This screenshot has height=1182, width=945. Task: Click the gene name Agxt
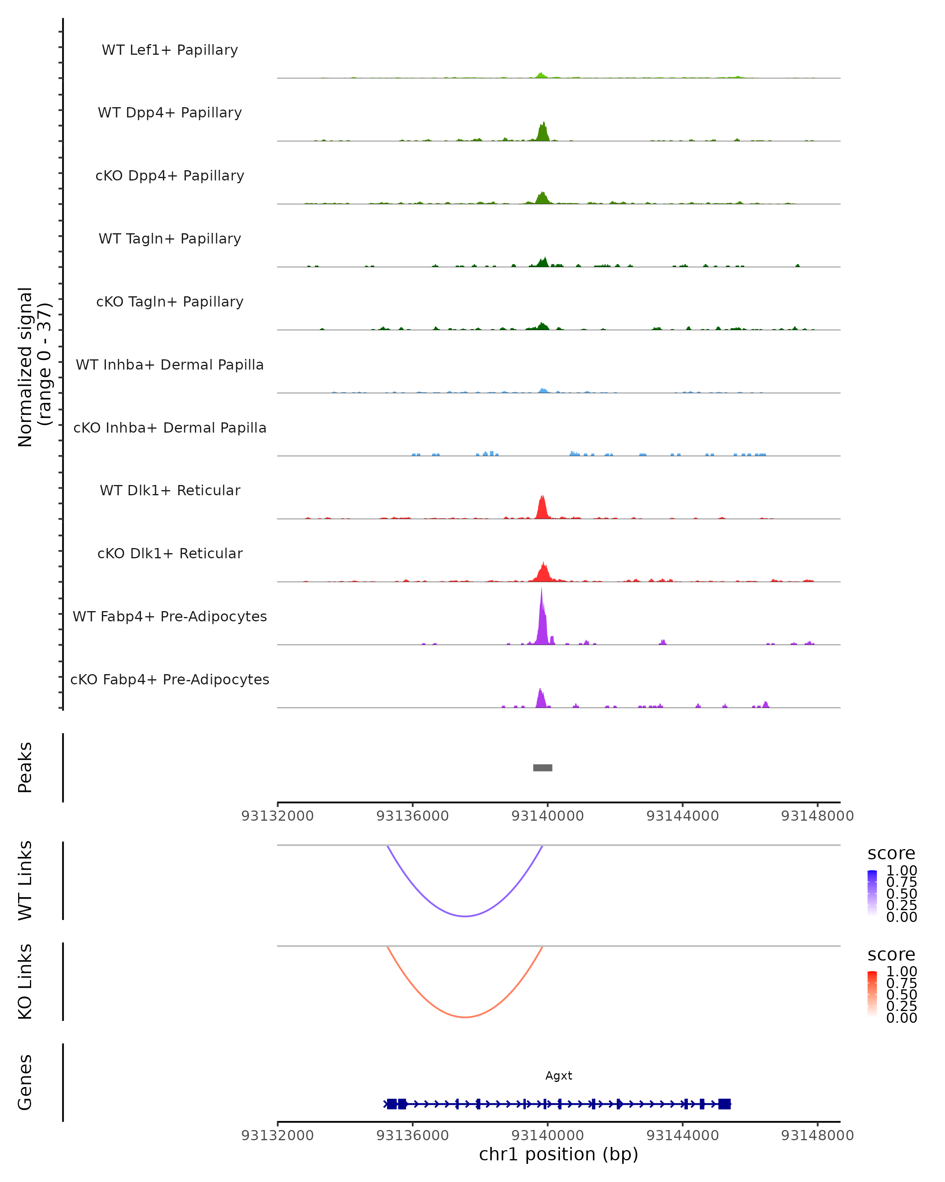pyautogui.click(x=558, y=1076)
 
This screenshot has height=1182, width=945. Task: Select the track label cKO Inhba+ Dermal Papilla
pyautogui.click(x=170, y=427)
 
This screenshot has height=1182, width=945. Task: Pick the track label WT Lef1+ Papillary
pyautogui.click(x=170, y=50)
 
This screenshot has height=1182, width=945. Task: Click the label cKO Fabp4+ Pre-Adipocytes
pyautogui.click(x=170, y=679)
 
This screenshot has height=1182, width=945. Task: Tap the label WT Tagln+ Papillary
pyautogui.click(x=170, y=238)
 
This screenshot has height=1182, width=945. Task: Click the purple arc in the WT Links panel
pyautogui.click(x=465, y=916)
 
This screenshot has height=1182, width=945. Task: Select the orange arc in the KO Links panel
pyautogui.click(x=465, y=1017)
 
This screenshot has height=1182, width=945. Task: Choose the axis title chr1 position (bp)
pyautogui.click(x=558, y=1154)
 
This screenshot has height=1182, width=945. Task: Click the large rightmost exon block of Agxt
pyautogui.click(x=724, y=1104)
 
